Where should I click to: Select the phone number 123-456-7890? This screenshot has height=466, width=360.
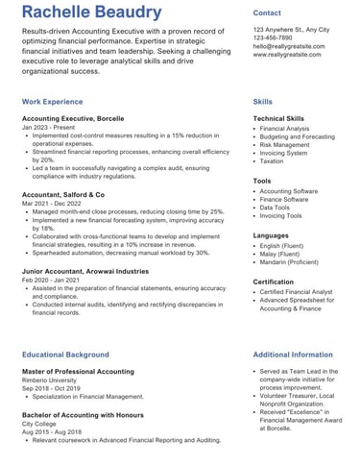[x=274, y=37]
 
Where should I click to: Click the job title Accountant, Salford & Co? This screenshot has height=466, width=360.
[x=63, y=194]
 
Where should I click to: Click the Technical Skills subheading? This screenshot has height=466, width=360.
[x=279, y=118]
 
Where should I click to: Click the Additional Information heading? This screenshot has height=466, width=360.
[x=293, y=355]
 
